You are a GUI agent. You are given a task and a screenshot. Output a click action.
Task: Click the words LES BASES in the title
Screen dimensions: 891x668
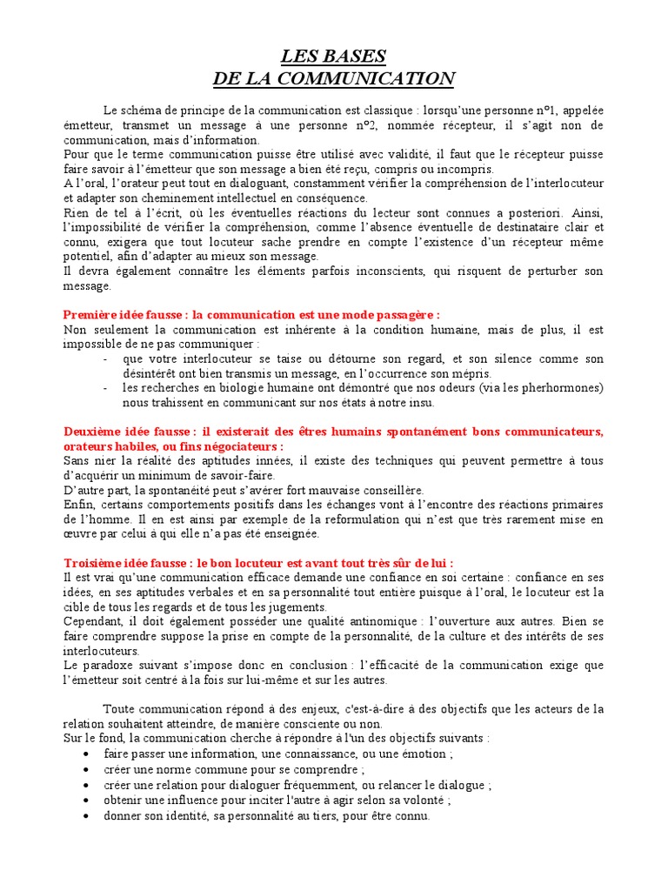tap(333, 57)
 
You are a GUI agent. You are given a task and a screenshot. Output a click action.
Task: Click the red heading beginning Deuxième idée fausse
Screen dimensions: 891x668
tap(333, 432)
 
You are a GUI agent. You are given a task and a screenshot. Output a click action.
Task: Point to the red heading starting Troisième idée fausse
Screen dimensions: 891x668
tap(258, 563)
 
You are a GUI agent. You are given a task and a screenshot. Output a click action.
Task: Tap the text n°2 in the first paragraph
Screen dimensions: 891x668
tap(397, 125)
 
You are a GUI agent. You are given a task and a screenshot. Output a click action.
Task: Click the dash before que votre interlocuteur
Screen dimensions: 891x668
tap(105, 358)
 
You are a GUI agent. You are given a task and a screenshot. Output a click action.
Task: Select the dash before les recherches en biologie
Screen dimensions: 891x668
tap(105, 387)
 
